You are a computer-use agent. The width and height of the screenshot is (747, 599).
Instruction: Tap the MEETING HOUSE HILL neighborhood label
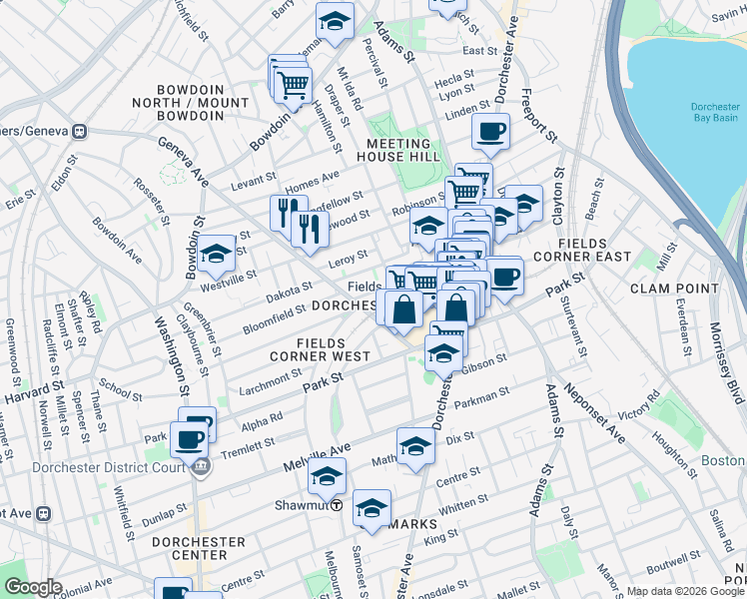[x=409, y=151]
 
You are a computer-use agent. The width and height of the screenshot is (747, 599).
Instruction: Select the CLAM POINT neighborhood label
[x=674, y=289]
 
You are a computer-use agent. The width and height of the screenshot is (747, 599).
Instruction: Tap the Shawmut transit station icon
[x=338, y=505]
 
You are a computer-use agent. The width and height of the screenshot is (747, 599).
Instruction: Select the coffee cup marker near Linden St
[x=490, y=130]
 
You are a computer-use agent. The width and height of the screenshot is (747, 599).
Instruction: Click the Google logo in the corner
[x=32, y=587]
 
